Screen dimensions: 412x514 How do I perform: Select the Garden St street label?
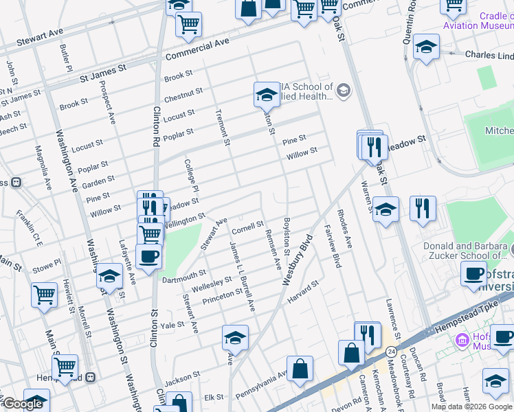click(x=98, y=181)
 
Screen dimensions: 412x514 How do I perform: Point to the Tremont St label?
click(x=221, y=128)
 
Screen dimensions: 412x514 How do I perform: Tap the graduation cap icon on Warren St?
click(x=386, y=209)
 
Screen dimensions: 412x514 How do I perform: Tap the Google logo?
click(x=23, y=404)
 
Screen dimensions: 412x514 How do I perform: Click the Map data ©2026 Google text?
click(x=471, y=407)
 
